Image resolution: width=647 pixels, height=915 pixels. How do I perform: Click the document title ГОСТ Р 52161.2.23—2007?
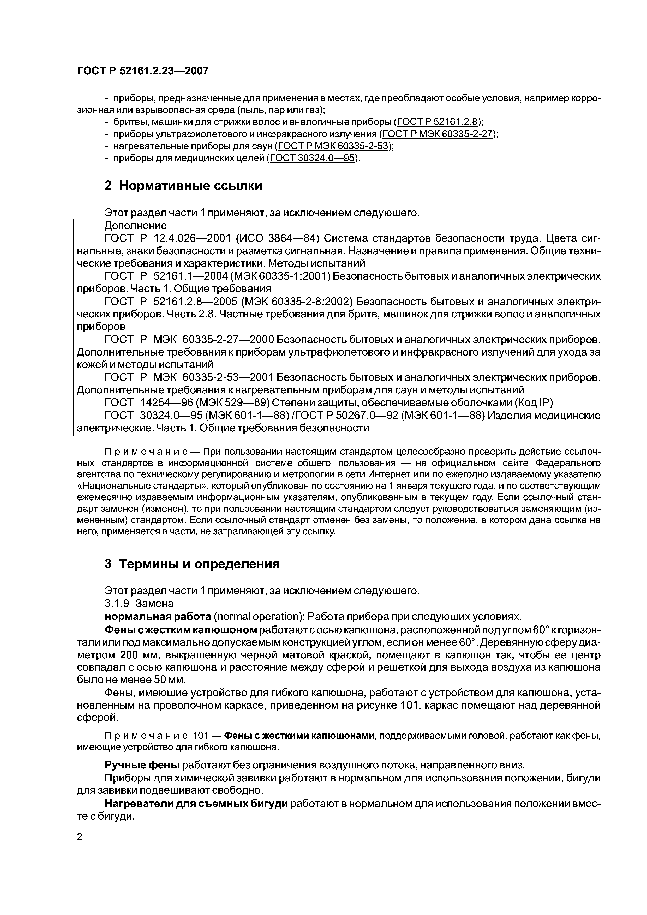(x=142, y=71)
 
